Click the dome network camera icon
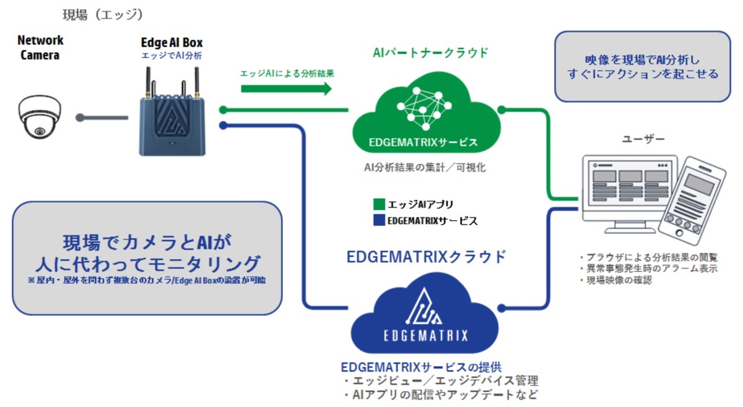pos(40,117)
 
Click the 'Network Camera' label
pos(40,48)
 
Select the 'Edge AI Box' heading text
pos(172,43)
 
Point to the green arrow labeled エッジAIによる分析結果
pos(286,88)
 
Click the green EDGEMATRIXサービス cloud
pos(426,113)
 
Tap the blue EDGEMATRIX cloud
pos(425,313)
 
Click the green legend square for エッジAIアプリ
pos(379,204)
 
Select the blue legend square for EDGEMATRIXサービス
pos(379,220)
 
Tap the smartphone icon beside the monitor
pos(692,201)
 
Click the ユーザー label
pos(643,139)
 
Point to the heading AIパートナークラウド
pos(430,53)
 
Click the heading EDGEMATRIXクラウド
pos(426,257)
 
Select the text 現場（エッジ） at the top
pos(103,15)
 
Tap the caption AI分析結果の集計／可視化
pos(425,168)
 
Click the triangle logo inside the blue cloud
pos(424,307)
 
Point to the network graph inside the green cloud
pos(424,108)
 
